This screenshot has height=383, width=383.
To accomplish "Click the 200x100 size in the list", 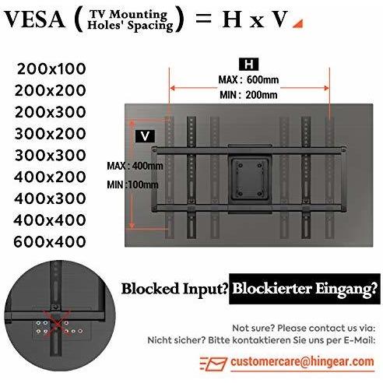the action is tap(51, 69).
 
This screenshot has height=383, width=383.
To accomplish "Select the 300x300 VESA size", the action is tap(51, 156).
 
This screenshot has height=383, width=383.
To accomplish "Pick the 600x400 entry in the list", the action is tap(50, 242).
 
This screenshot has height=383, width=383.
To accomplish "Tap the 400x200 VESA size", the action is tap(50, 177).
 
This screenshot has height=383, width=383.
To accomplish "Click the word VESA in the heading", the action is tap(34, 19).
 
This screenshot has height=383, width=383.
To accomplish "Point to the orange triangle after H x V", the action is tap(298, 24).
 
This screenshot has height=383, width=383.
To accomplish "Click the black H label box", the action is tap(249, 64).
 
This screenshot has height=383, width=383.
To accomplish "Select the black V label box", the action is tap(145, 136).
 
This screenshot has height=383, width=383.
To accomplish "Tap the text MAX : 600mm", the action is tap(248, 79).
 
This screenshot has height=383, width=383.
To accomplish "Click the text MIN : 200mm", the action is tap(248, 95).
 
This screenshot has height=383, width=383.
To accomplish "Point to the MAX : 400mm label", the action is tap(135, 166).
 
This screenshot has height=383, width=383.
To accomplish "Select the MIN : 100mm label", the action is tap(132, 184).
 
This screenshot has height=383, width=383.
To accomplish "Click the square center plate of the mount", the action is tap(250, 178).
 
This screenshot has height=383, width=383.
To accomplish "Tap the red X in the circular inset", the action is tap(58, 324).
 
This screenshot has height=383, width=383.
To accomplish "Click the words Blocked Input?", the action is tap(175, 289).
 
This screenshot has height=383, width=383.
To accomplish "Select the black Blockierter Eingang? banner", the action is tap(304, 289).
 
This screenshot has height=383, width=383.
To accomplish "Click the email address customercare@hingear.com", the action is tap(303, 361).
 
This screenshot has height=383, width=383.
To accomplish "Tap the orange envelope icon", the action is tap(214, 364).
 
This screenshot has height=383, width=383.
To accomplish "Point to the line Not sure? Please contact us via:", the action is tap(304, 328).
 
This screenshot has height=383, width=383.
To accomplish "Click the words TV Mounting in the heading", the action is tap(128, 15).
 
